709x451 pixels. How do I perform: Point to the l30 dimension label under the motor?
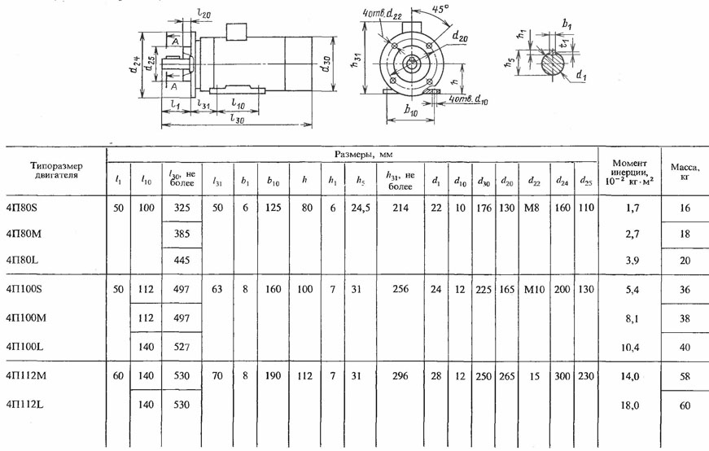[x=237, y=119]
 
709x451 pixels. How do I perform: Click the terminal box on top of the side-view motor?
[x=237, y=32]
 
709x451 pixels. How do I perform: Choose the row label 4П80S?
[x=22, y=208]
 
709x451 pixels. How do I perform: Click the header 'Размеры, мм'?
[x=364, y=154]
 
